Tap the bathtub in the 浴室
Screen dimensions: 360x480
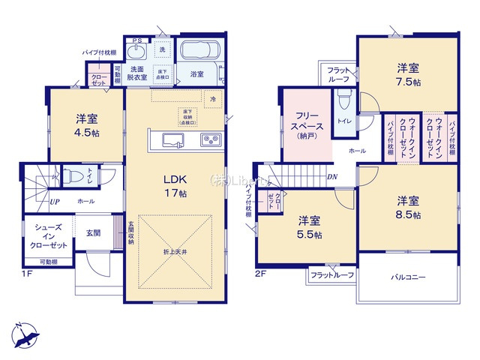click(x=199, y=52)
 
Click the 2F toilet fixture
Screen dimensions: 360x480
click(x=344, y=97)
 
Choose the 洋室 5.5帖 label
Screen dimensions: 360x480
click(x=308, y=226)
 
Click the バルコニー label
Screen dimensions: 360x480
click(x=407, y=277)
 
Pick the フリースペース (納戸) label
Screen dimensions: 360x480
click(x=304, y=121)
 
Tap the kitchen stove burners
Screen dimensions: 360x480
click(x=208, y=139)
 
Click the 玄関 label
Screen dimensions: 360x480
click(x=94, y=232)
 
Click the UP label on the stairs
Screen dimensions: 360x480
click(x=55, y=202)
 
